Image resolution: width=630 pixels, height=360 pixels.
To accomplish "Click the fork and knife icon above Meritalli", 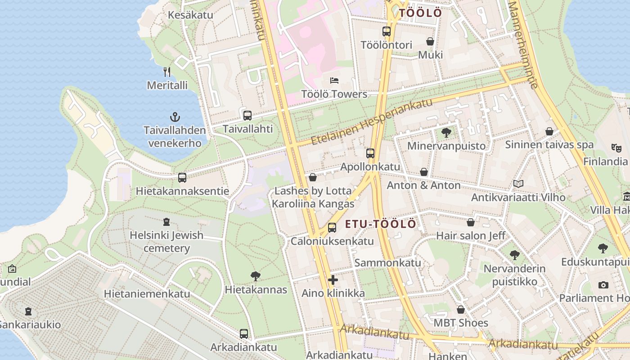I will (x=167, y=72).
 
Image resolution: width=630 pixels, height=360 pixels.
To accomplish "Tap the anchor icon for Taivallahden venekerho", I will (x=175, y=117).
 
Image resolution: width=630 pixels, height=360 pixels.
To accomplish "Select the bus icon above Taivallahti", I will (x=247, y=115).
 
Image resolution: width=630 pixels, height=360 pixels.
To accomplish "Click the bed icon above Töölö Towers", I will (x=334, y=81).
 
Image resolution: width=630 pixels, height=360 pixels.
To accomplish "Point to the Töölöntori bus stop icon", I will (x=386, y=31).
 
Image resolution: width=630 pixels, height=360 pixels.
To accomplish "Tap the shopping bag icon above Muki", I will (x=430, y=41).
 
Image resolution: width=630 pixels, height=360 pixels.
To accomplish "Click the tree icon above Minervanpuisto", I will (x=446, y=132).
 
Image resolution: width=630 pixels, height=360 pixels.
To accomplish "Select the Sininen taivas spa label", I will (x=549, y=145).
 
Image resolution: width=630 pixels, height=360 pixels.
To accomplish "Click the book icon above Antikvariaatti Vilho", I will (x=518, y=184).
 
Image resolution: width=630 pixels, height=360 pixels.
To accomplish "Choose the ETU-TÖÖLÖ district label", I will (x=381, y=224).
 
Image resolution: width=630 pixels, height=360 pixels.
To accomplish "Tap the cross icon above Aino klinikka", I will (x=333, y=280).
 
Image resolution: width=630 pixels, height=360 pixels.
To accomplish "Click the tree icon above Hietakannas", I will (x=256, y=276).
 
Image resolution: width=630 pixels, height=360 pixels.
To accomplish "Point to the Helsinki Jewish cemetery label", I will (x=166, y=242).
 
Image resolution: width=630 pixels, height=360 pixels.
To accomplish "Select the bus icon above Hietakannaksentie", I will (x=182, y=178).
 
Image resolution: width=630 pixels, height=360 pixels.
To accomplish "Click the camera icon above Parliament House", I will (x=603, y=284).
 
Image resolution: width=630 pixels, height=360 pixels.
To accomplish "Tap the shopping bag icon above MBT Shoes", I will (x=460, y=310).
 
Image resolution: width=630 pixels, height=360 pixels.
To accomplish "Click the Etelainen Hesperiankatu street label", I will (x=372, y=121).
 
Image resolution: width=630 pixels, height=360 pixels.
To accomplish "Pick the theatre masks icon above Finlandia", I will (x=616, y=148).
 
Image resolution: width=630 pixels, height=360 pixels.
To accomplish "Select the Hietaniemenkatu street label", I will (x=147, y=294).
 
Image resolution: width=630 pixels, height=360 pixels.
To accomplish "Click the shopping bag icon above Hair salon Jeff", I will (x=471, y=222).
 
